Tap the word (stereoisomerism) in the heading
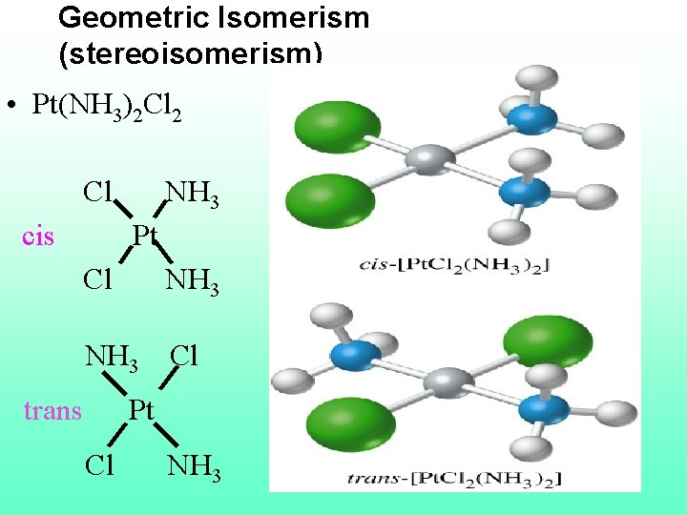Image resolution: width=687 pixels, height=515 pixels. click(x=190, y=51)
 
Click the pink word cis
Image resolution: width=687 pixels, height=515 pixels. click(x=37, y=236)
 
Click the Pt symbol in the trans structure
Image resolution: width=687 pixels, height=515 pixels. click(x=140, y=410)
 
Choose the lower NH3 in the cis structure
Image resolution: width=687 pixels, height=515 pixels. click(x=192, y=282)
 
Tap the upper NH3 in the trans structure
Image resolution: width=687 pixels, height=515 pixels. click(x=113, y=359)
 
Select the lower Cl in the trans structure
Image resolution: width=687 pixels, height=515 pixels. click(x=99, y=465)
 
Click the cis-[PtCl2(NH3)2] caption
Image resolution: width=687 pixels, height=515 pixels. click(x=451, y=264)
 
